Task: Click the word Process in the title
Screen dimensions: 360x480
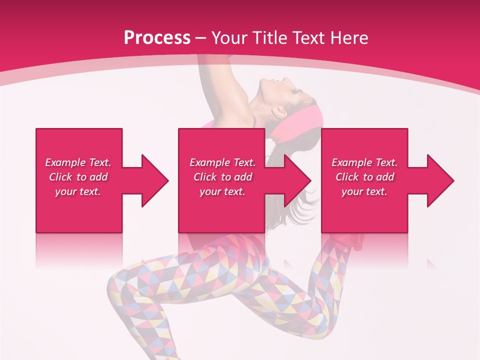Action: (x=157, y=38)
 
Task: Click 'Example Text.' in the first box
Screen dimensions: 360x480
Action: (x=78, y=162)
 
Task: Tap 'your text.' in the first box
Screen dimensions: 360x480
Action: (x=78, y=191)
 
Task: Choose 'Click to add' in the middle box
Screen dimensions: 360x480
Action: (x=222, y=177)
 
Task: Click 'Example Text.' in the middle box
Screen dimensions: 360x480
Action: (x=222, y=162)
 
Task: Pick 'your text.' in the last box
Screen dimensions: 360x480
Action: (x=364, y=191)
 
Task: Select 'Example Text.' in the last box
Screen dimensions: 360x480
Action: (x=364, y=162)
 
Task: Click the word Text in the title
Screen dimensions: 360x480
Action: (x=310, y=38)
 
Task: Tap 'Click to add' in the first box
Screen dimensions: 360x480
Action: (x=78, y=177)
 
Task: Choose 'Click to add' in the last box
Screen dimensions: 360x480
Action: (x=364, y=177)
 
